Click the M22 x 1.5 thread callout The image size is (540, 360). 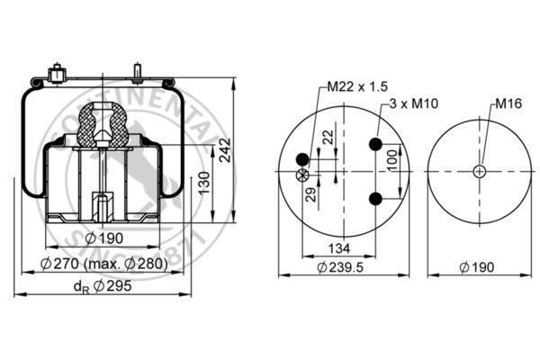coord(357,86)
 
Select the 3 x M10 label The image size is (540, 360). coord(414,103)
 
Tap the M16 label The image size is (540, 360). coord(508,103)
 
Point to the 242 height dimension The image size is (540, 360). coord(225,150)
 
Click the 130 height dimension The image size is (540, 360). coord(204,183)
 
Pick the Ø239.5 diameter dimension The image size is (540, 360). coord(340,267)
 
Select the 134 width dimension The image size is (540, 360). coord(339,248)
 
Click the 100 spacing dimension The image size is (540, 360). coord(391,160)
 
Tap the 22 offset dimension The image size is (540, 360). coord(328,137)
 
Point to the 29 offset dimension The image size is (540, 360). coord(311,194)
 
